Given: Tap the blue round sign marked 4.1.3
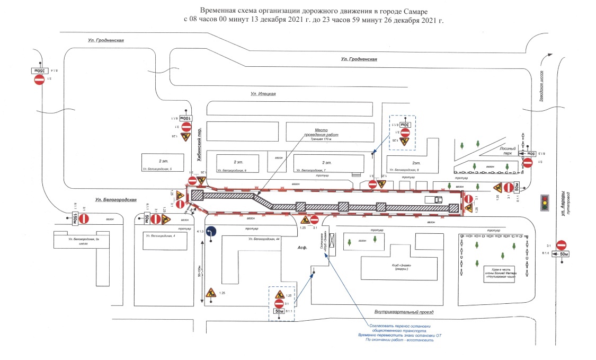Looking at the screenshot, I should click(211, 231).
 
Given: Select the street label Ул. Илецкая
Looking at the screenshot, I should click(263, 94).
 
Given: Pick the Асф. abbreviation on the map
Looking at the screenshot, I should click(303, 248).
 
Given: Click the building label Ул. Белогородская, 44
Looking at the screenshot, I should click(263, 240).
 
